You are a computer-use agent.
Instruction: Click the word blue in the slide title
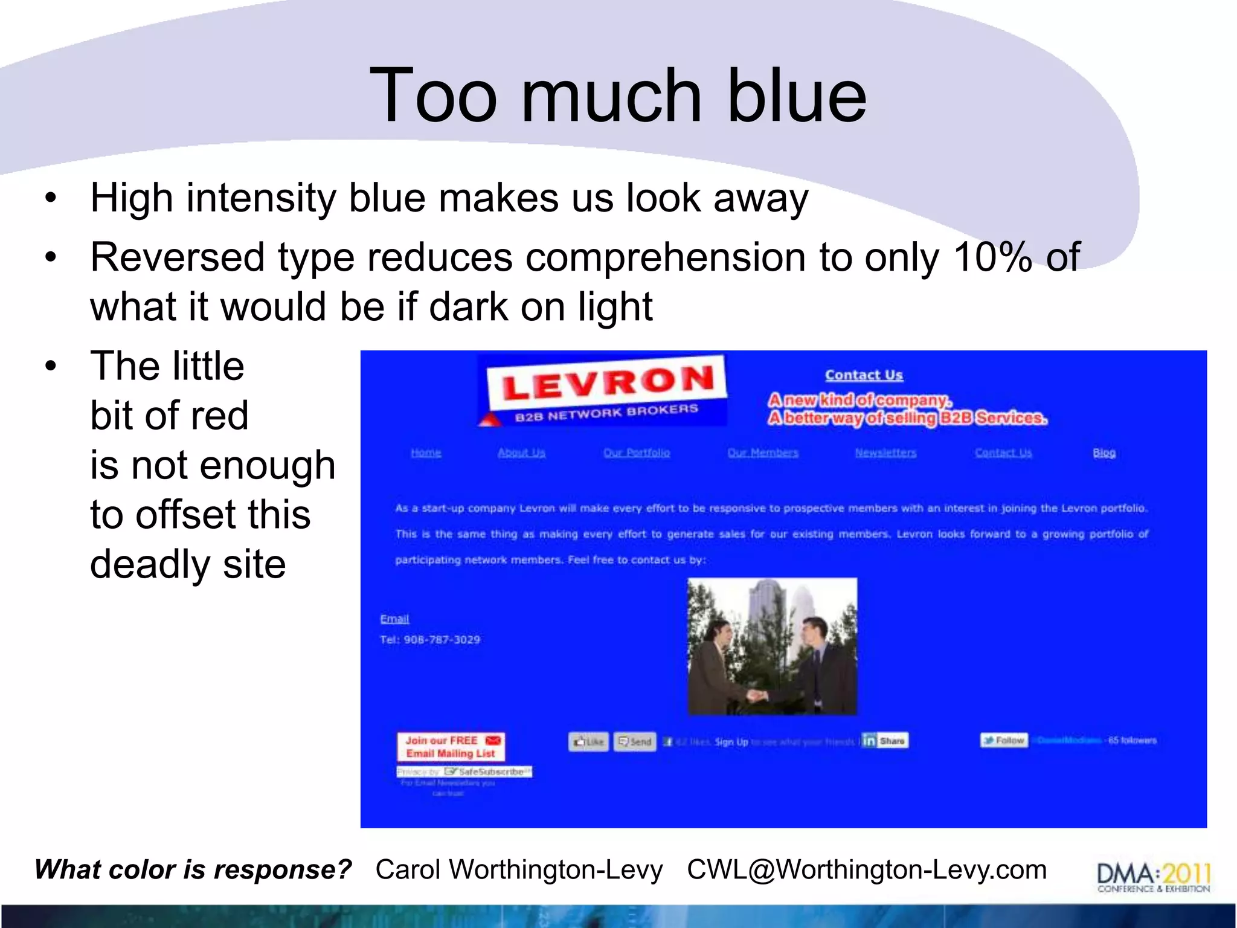797,95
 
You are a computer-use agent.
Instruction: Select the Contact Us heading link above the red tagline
864,375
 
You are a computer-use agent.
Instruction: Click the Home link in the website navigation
426,453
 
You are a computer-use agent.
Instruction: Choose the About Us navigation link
521,453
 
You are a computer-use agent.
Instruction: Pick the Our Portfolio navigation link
637,453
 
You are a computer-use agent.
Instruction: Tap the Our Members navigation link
763,453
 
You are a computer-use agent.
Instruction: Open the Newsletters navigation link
885,453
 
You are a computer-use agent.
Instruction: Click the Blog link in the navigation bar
1104,453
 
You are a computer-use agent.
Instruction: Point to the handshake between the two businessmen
759,695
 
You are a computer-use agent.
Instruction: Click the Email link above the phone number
394,619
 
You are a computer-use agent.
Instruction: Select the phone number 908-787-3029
442,640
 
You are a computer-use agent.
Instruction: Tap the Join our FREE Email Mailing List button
451,747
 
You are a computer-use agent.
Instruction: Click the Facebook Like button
588,741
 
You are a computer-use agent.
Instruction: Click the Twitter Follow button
1003,740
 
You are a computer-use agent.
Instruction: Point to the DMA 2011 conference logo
1154,876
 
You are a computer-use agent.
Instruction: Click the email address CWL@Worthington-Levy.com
867,870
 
